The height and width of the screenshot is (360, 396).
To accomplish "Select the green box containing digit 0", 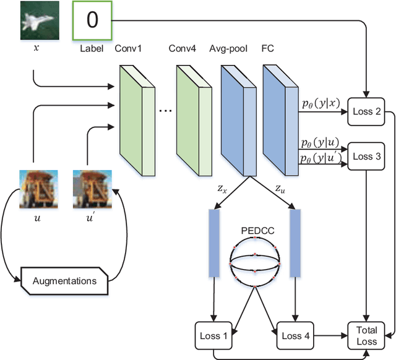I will point(92,20).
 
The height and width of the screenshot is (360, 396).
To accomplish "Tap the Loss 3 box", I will point(366,156).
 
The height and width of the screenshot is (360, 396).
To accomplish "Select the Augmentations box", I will point(64,280).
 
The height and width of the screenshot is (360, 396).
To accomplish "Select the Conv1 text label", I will point(128,47).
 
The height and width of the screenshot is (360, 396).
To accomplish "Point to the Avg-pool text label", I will point(229,47).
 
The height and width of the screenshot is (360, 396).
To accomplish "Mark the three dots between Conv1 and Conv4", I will point(165,112).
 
